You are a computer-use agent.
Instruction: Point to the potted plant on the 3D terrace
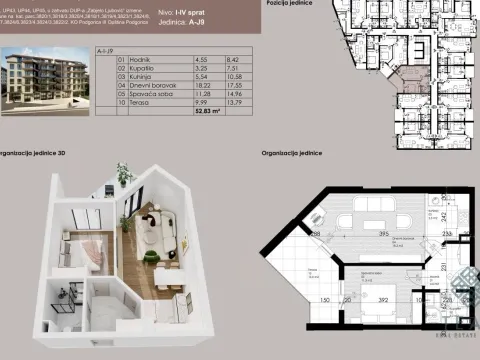[122, 174]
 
